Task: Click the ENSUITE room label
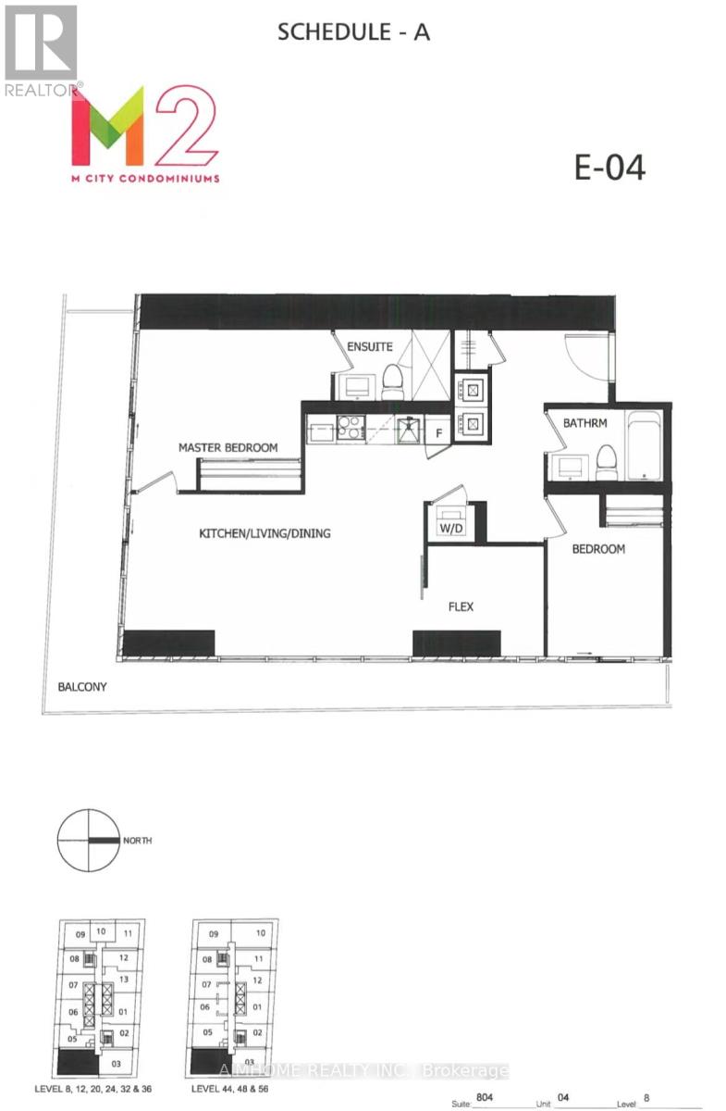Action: (x=370, y=347)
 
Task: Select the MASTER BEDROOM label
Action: (x=228, y=448)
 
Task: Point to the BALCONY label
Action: (x=82, y=687)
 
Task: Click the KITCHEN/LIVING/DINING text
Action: (x=265, y=533)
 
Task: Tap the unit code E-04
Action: (x=609, y=168)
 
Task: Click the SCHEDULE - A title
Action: (x=354, y=33)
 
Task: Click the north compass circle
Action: (x=88, y=840)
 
